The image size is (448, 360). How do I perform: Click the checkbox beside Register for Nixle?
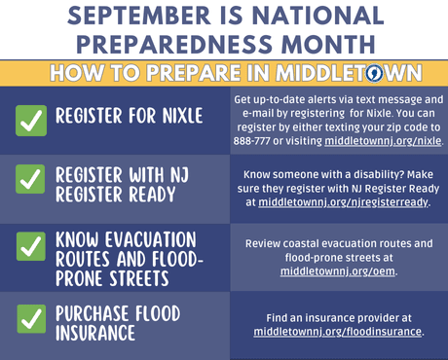coord(32,119)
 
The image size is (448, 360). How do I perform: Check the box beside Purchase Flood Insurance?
coord(32,318)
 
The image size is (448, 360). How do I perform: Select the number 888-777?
coord(256,140)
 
